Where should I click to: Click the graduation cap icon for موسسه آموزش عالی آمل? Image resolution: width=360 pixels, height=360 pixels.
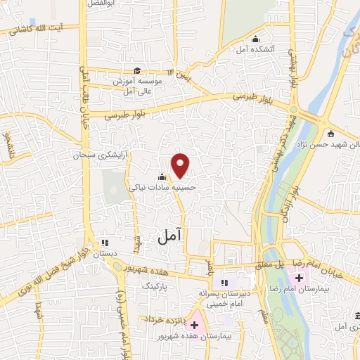[138, 70]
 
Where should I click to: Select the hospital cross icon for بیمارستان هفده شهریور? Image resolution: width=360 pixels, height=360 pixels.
[194, 326]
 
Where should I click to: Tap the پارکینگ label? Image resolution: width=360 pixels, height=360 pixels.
[156, 287]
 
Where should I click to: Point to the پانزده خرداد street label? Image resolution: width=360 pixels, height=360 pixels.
[165, 319]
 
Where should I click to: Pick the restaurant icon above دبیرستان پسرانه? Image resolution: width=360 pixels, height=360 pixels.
[224, 283]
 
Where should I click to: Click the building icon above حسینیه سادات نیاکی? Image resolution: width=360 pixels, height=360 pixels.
[162, 176]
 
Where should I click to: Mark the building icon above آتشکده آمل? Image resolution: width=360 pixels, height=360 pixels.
[255, 39]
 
